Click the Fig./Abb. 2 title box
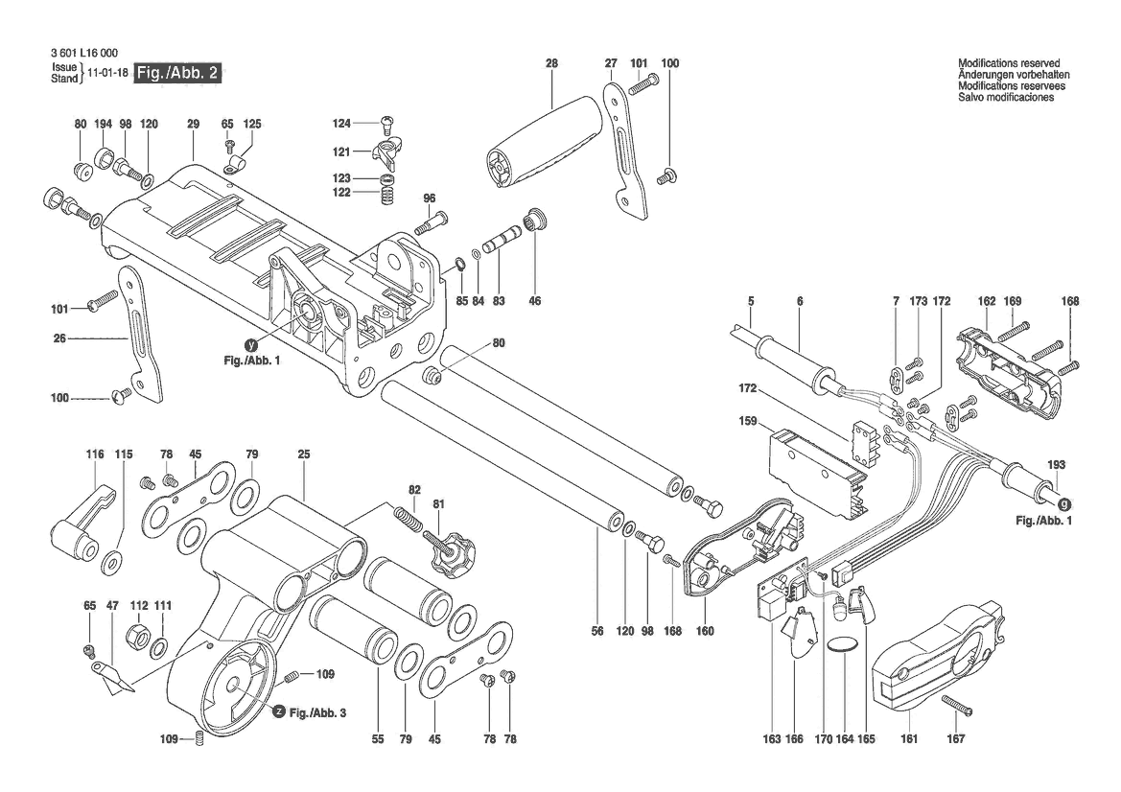coord(181,73)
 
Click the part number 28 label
coord(551,63)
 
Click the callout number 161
coord(909,739)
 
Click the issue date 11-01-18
coord(107,73)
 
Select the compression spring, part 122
coord(389,194)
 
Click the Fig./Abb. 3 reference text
coord(317,712)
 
